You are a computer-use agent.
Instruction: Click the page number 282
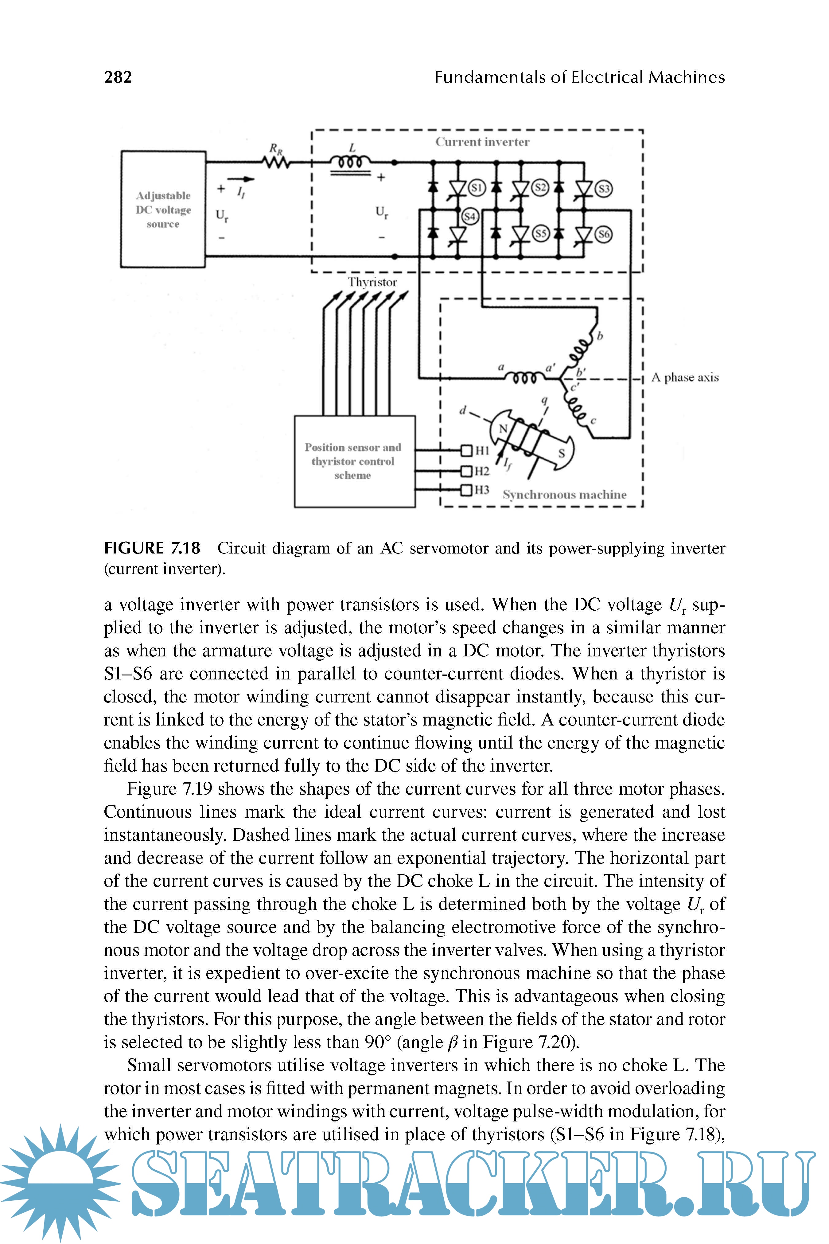click(x=118, y=77)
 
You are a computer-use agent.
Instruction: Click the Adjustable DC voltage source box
click(x=163, y=209)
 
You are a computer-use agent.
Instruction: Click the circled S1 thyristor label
click(x=477, y=188)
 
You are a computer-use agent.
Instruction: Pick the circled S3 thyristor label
click(x=604, y=189)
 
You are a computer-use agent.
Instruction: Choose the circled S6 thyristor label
click(x=604, y=234)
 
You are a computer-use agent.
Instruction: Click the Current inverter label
click(x=482, y=142)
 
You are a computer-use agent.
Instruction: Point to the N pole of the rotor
click(x=503, y=428)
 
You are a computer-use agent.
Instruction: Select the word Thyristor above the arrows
click(x=372, y=283)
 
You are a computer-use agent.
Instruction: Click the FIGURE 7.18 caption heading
click(x=152, y=548)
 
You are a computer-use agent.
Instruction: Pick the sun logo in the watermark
click(x=59, y=1183)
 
